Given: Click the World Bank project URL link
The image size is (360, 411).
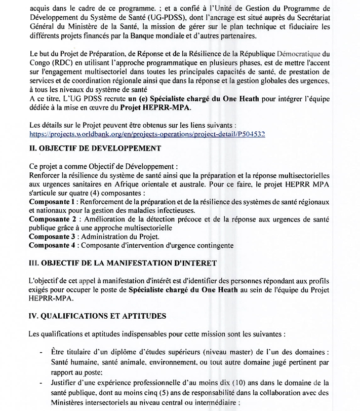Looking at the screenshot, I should (x=147, y=134).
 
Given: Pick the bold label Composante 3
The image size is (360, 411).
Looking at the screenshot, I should (x=52, y=236).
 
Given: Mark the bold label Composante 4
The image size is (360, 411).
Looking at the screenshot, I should (x=52, y=245).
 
